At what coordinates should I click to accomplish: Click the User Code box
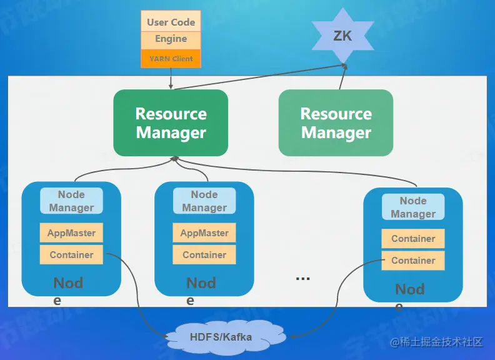(x=171, y=22)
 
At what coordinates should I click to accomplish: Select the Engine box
(x=171, y=39)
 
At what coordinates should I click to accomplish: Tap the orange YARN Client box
(x=171, y=59)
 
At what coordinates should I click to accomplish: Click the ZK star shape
(x=342, y=36)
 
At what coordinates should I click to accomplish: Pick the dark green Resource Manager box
(x=171, y=123)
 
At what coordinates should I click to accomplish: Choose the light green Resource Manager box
(x=336, y=123)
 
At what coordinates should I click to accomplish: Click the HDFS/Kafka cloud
(x=221, y=337)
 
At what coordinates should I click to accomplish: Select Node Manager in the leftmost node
(x=71, y=201)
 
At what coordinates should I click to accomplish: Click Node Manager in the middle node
(x=204, y=201)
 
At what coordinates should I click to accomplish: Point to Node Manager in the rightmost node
(x=413, y=207)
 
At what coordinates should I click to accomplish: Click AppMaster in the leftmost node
(x=71, y=233)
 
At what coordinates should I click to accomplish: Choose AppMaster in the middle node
(x=204, y=233)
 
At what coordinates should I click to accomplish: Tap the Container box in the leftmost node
(x=71, y=254)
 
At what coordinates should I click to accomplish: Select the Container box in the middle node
(x=204, y=254)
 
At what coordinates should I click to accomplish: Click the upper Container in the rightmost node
(x=413, y=239)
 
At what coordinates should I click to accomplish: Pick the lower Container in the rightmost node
(x=413, y=261)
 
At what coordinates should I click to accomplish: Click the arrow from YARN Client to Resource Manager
(x=171, y=79)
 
